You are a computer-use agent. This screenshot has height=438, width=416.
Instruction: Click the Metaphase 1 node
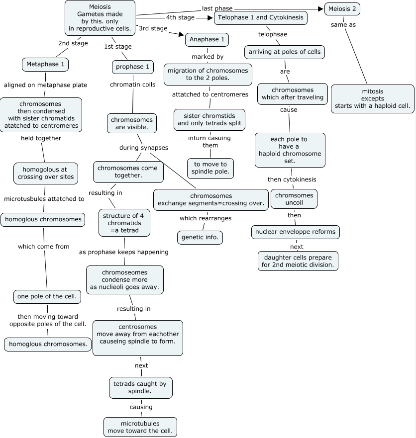pos(45,65)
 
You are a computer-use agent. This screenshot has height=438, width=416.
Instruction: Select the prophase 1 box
pos(132,67)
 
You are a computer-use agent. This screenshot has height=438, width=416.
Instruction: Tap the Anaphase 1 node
pos(207,39)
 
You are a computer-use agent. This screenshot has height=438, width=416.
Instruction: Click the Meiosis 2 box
pos(342,9)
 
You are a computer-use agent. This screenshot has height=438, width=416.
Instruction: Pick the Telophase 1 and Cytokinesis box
pos(261,18)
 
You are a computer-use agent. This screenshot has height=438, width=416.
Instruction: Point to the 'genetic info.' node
pos(200,238)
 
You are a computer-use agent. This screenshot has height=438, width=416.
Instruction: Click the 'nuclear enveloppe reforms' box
pos(295,232)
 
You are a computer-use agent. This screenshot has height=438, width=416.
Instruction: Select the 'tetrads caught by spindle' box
pos(141,387)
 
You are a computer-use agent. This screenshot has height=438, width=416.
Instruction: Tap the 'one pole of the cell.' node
pos(47,297)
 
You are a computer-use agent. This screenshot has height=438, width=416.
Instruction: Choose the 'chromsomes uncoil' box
pos(294,199)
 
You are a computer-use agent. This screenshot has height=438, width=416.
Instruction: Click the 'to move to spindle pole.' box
pos(210,168)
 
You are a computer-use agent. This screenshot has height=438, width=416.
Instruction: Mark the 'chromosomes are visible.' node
pos(132,124)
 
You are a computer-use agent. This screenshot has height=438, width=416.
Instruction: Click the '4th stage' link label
pos(180,17)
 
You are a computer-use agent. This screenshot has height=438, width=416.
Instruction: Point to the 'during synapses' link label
pos(143,148)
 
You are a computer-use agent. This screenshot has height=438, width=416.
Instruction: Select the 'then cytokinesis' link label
pos(292,179)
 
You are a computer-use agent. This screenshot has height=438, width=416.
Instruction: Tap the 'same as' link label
pos(343,24)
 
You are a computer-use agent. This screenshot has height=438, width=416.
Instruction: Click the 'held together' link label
pos(41,138)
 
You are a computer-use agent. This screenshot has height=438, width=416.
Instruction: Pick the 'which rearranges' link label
pos(205,218)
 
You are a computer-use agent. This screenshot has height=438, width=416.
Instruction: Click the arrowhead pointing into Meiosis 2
pos(320,8)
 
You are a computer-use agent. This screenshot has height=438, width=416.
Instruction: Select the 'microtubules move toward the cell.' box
pos(140,427)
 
